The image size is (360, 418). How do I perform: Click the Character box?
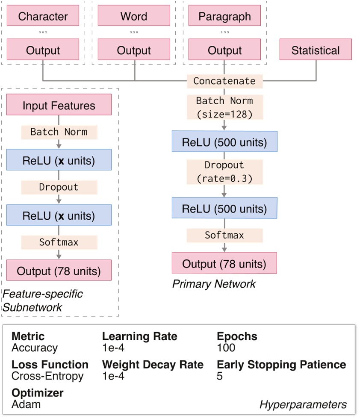(x=43, y=17)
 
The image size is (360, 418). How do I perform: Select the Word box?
(x=134, y=17)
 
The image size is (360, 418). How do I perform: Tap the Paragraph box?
(x=224, y=17)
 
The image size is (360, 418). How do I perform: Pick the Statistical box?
(x=316, y=50)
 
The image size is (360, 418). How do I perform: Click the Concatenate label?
(x=224, y=81)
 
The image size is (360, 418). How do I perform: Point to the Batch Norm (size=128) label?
(x=224, y=107)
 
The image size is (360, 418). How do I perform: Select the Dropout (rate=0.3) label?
(x=224, y=172)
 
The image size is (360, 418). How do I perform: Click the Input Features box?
(x=59, y=105)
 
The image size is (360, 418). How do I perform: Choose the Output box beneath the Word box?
(x=134, y=50)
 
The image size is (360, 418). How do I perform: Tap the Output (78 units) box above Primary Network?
(x=224, y=263)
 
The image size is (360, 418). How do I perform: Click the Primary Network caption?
(x=214, y=284)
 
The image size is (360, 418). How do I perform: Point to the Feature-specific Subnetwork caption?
(x=43, y=300)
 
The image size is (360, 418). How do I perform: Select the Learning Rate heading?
(x=139, y=336)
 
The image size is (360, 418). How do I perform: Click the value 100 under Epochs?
(x=226, y=347)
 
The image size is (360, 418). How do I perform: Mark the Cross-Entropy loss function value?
(x=47, y=376)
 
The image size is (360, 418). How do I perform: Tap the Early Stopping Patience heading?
(x=281, y=365)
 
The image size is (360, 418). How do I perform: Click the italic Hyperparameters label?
(x=303, y=404)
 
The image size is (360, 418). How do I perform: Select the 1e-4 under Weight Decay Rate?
(x=113, y=376)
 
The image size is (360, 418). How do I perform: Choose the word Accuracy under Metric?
(x=34, y=347)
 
